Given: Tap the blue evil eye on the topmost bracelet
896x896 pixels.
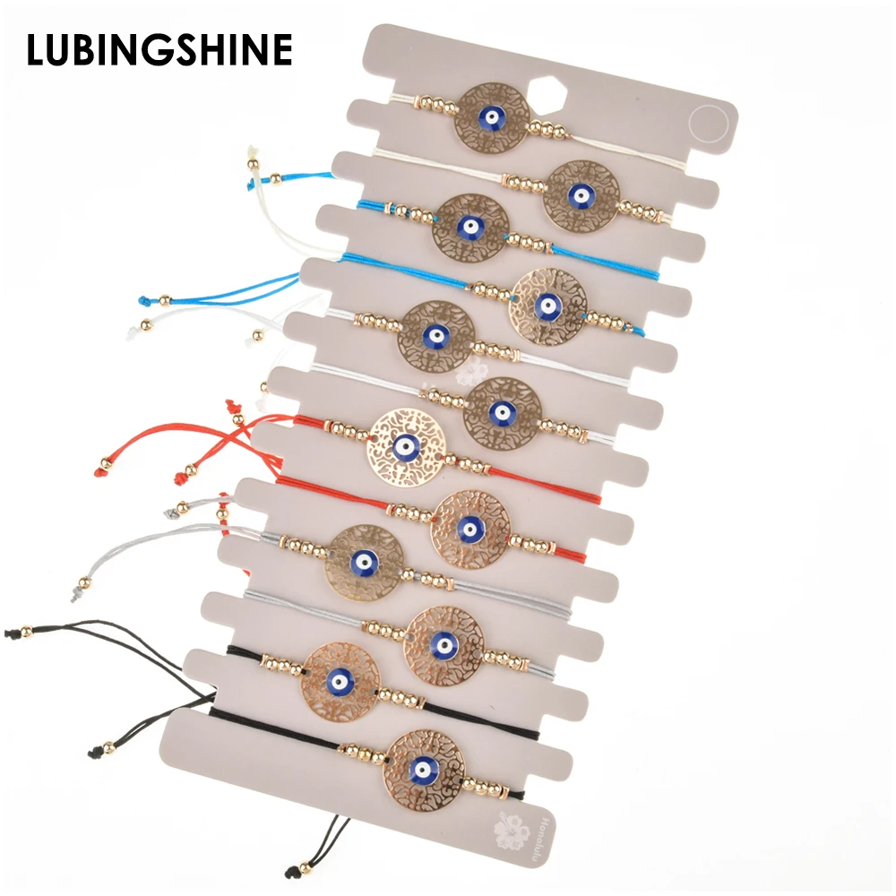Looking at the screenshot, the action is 492,116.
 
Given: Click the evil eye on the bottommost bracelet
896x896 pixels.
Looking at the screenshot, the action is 418,769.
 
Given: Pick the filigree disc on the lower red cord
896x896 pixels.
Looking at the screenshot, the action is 467,528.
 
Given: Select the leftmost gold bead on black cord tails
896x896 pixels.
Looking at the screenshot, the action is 26,632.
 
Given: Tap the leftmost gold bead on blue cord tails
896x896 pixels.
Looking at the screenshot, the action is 166,298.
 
